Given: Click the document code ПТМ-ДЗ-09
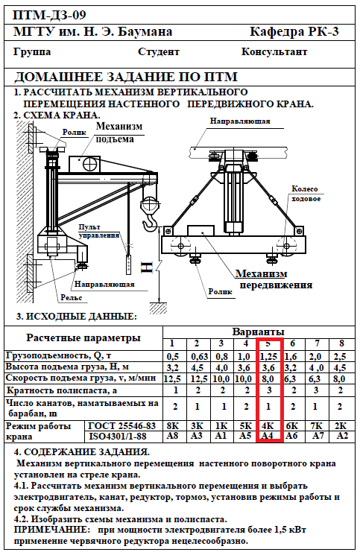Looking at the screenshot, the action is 49,15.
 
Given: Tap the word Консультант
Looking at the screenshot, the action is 274,51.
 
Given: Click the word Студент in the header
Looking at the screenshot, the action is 158,52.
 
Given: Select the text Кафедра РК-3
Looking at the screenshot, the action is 294,32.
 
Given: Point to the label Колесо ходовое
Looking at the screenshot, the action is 306,194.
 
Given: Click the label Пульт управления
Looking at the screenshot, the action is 99,231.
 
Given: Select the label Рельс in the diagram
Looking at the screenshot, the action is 71,298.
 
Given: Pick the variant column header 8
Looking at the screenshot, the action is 341,343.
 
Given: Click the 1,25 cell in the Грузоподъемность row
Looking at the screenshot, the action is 268,356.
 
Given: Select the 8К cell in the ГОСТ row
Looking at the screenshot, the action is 172,425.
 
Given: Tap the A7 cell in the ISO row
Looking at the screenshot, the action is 318,435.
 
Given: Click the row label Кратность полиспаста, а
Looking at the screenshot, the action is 62,390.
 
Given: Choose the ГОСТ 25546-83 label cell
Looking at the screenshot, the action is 121,425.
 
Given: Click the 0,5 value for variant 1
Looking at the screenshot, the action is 172,356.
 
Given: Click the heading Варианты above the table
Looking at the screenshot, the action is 258,332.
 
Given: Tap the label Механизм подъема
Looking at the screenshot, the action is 119,133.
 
